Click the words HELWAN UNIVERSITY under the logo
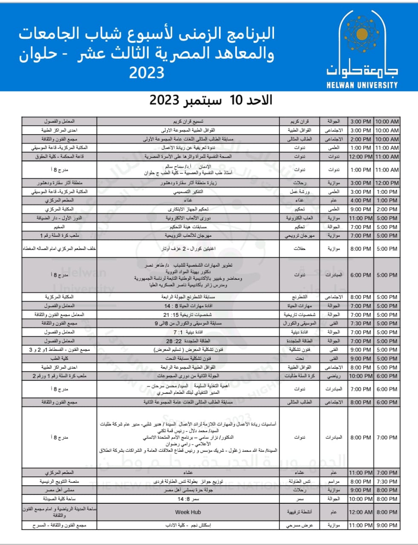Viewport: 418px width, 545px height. pyautogui.click(x=362, y=85)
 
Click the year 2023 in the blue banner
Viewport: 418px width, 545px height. pyautogui.click(x=147, y=73)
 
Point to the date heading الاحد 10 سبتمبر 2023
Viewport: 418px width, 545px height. pyautogui.click(x=210, y=100)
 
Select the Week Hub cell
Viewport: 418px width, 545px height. pyautogui.click(x=188, y=512)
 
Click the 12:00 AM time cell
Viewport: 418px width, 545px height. pyautogui.click(x=361, y=512)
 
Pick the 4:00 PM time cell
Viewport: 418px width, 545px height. pyautogui.click(x=361, y=201)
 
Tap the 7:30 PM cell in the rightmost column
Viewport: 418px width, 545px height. pyautogui.click(x=387, y=482)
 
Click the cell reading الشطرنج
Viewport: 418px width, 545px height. pyautogui.click(x=300, y=297)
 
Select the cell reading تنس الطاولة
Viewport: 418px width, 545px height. pyautogui.click(x=300, y=482)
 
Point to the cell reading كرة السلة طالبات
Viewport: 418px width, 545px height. pyautogui.click(x=300, y=376)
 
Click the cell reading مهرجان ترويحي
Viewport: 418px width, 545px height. pyautogui.click(x=300, y=235)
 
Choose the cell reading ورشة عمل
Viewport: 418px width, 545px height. pyautogui.click(x=300, y=192)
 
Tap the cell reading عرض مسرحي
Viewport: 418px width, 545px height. pyautogui.click(x=300, y=525)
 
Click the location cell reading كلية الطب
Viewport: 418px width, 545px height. pyautogui.click(x=59, y=359)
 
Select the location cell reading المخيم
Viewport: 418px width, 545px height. pyautogui.click(x=59, y=227)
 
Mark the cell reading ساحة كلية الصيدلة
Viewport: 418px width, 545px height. pyautogui.click(x=59, y=499)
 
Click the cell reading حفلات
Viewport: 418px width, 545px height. pyautogui.click(x=300, y=249)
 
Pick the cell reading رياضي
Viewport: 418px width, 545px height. pyautogui.click(x=334, y=376)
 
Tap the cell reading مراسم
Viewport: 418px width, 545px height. pyautogui.click(x=334, y=482)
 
